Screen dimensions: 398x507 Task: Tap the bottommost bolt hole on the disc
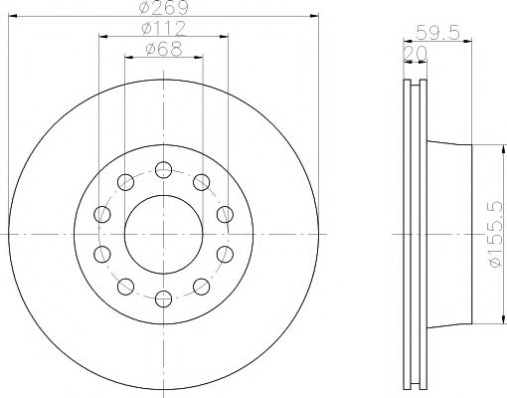[x=163, y=296]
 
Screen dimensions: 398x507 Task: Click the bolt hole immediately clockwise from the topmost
[x=201, y=182]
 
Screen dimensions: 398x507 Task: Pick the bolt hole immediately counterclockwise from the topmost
[x=126, y=182]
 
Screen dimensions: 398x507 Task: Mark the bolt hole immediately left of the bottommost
[x=126, y=285]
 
